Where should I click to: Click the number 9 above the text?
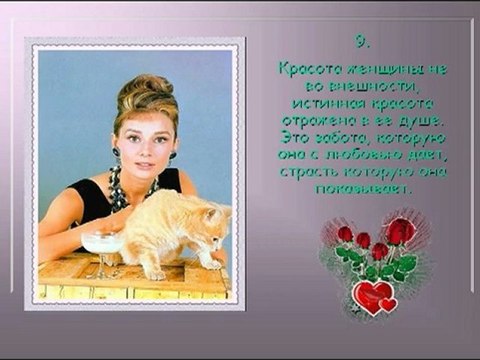pyautogui.click(x=362, y=42)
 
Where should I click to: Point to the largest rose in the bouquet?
pyautogui.click(x=401, y=232)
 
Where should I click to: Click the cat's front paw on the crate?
pyautogui.click(x=158, y=271)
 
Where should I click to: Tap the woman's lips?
pyautogui.click(x=138, y=160)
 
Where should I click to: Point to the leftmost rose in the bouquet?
pyautogui.click(x=345, y=234)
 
